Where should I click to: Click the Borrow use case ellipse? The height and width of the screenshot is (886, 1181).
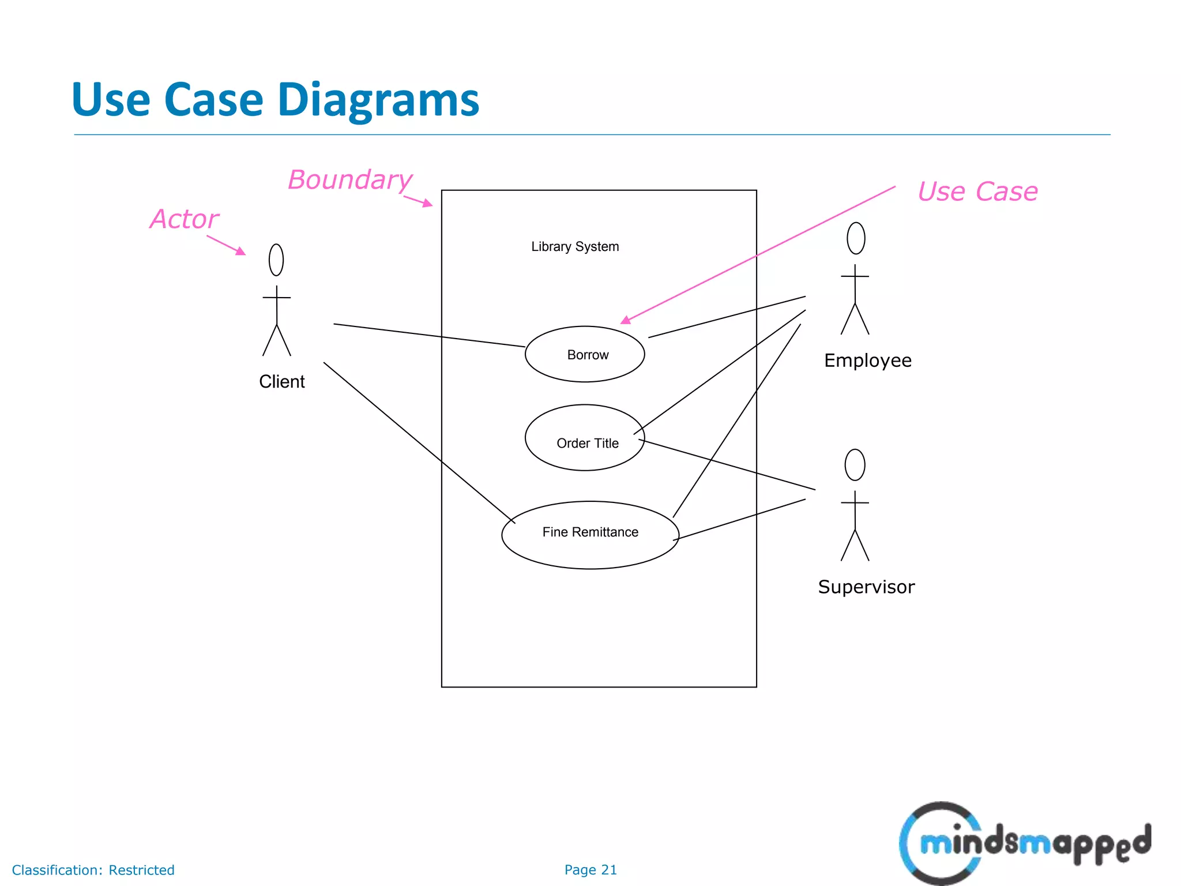(x=585, y=354)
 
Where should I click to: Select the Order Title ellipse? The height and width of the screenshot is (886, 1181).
(x=585, y=438)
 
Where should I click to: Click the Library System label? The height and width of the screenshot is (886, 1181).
(x=575, y=246)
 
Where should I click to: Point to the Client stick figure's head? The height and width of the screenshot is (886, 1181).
(x=276, y=260)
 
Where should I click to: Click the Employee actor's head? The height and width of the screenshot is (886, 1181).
(x=856, y=238)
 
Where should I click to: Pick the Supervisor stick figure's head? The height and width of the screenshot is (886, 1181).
(x=855, y=464)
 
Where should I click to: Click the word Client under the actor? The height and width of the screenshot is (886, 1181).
(x=281, y=381)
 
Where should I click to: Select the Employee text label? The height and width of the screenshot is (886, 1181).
(x=867, y=360)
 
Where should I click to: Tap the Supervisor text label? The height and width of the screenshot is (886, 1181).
(x=866, y=587)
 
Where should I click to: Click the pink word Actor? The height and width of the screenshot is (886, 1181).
(x=185, y=219)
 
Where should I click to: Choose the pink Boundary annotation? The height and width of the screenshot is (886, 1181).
(x=350, y=179)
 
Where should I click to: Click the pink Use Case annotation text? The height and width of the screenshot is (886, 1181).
(x=977, y=191)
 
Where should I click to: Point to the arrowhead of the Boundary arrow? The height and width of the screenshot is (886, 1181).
(x=428, y=203)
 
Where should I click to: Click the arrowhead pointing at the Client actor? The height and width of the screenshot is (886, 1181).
(x=241, y=251)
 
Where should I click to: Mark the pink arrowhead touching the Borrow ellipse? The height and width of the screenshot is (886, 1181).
(x=626, y=320)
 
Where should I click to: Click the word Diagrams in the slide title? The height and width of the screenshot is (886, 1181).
(x=378, y=100)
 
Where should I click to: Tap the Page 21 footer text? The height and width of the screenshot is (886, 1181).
(x=590, y=869)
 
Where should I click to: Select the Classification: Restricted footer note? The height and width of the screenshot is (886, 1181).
(x=93, y=870)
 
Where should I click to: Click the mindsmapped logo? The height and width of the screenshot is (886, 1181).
(x=1025, y=843)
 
